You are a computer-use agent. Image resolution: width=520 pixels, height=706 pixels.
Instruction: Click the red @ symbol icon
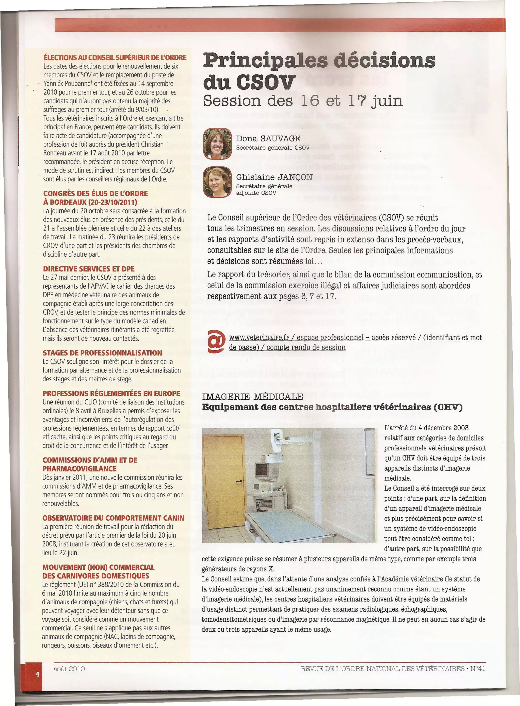(x=217, y=341)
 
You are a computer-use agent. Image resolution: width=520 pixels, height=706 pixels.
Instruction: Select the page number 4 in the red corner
(x=37, y=674)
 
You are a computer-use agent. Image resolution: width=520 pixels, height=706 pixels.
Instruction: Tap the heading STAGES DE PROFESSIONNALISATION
(x=102, y=353)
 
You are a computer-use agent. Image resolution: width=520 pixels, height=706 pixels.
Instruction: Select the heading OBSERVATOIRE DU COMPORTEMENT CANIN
(x=113, y=518)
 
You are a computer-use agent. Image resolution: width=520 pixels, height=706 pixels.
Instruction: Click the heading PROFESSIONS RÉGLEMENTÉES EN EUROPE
(x=111, y=393)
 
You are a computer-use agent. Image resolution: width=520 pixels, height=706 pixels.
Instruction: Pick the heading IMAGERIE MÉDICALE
(x=252, y=397)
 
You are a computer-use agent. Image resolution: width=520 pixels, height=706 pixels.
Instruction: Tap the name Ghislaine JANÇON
(x=274, y=177)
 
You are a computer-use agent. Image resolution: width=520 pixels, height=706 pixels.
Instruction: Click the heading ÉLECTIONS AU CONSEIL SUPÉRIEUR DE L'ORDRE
(x=115, y=58)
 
